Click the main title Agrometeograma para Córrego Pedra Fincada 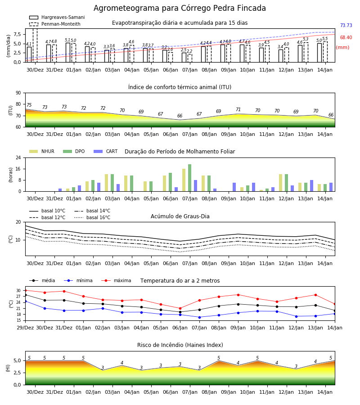pyautogui.click(x=180, y=8)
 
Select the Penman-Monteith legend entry pyautogui.click(x=55, y=24)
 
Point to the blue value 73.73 pyautogui.click(x=346, y=25)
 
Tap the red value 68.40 pyautogui.click(x=346, y=37)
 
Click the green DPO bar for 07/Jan pyautogui.click(x=190, y=178)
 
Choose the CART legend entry pyautogui.click(x=106, y=151)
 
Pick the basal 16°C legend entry pyautogui.click(x=92, y=217)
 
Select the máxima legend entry pyautogui.click(x=117, y=280)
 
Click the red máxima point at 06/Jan pyautogui.click(x=180, y=308)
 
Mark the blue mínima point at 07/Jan pyautogui.click(x=200, y=317)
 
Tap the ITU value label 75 pyautogui.click(x=29, y=105)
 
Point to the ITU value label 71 pyautogui.click(x=238, y=109)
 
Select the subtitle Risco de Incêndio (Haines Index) pyautogui.click(x=180, y=345)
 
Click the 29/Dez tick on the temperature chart pyautogui.click(x=25, y=328)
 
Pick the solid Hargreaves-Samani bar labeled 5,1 pyautogui.click(x=68, y=53)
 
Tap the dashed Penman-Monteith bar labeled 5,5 pyautogui.click(x=325, y=52)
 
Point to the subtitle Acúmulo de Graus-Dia pyautogui.click(x=180, y=216)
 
